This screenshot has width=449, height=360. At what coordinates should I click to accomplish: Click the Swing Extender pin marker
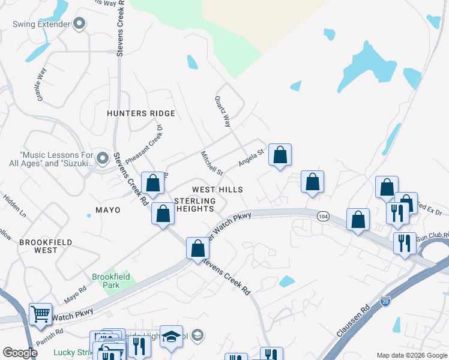79,25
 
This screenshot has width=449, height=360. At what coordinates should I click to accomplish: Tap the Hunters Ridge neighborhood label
141,113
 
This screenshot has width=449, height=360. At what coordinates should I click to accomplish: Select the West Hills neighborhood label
217,189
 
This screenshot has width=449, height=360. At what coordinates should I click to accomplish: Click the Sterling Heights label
194,205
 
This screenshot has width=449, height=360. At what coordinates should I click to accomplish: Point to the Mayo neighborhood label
108,210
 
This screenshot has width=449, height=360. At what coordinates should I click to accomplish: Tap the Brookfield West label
46,247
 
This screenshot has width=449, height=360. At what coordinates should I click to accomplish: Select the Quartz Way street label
223,112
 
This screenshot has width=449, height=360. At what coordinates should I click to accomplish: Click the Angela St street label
251,158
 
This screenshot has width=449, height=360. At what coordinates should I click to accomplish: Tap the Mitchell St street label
212,163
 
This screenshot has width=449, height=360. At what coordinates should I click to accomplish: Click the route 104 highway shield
323,216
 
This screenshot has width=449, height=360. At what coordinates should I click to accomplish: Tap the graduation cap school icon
171,336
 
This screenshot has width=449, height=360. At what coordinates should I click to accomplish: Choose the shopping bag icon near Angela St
280,155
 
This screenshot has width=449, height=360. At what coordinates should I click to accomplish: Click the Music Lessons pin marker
103,158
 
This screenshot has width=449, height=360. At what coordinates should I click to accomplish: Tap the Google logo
20,353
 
